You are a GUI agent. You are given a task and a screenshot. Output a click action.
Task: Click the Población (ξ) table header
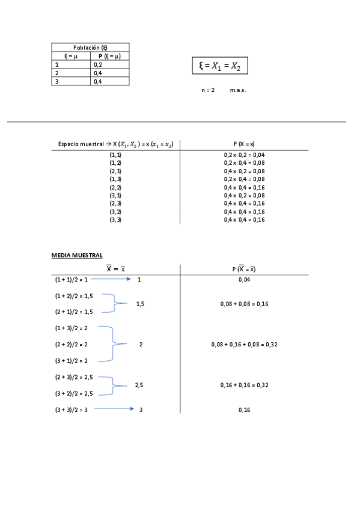[x=90, y=47]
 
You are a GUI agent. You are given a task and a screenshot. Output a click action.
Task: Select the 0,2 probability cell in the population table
[x=98, y=64]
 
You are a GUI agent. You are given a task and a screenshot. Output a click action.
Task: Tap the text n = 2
[x=208, y=90]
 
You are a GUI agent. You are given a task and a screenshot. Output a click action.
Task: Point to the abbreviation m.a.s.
[x=238, y=90]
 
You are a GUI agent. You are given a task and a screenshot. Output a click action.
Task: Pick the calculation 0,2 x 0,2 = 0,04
[x=244, y=155]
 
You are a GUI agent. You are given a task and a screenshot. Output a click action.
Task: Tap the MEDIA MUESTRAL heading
[x=69, y=256]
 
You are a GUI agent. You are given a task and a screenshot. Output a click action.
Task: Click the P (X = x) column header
[x=244, y=144]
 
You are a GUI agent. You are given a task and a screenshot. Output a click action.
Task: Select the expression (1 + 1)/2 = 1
[x=71, y=280]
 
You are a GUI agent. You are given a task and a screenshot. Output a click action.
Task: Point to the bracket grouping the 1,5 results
[x=114, y=304]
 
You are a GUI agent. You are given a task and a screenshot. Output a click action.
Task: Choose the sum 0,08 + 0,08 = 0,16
[x=244, y=304]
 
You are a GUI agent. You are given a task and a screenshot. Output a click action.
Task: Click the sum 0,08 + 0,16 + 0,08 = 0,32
[x=244, y=344]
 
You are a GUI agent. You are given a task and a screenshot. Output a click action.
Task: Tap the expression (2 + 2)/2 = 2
[x=71, y=344]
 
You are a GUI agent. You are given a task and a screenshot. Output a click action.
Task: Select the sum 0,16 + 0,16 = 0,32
[x=244, y=385]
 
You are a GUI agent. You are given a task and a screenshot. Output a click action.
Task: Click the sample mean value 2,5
[x=139, y=385]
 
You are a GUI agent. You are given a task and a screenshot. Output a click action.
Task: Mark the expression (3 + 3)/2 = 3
[x=71, y=409]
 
